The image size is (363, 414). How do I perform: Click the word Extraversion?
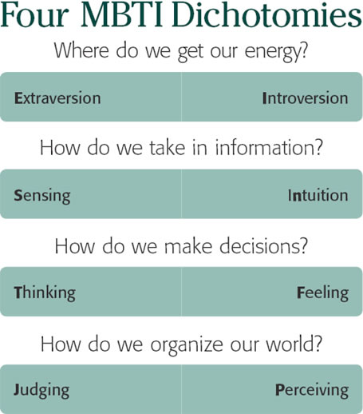57,98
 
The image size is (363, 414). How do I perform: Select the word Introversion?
305,98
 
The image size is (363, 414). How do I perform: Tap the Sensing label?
42,196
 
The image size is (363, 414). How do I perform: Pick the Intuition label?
318,195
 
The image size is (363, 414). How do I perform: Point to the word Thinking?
45,293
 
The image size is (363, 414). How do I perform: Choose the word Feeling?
322,293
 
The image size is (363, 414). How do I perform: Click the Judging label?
41,391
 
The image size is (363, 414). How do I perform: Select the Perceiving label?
312,391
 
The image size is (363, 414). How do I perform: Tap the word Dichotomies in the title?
266,14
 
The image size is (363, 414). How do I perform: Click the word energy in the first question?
276,52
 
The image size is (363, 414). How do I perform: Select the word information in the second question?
269,147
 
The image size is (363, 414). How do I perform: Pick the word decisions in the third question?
263,245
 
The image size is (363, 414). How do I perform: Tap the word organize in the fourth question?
187,345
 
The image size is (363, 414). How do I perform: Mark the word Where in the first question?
81,50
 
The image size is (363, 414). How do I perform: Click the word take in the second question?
168,147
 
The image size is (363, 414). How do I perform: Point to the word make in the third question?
188,245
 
